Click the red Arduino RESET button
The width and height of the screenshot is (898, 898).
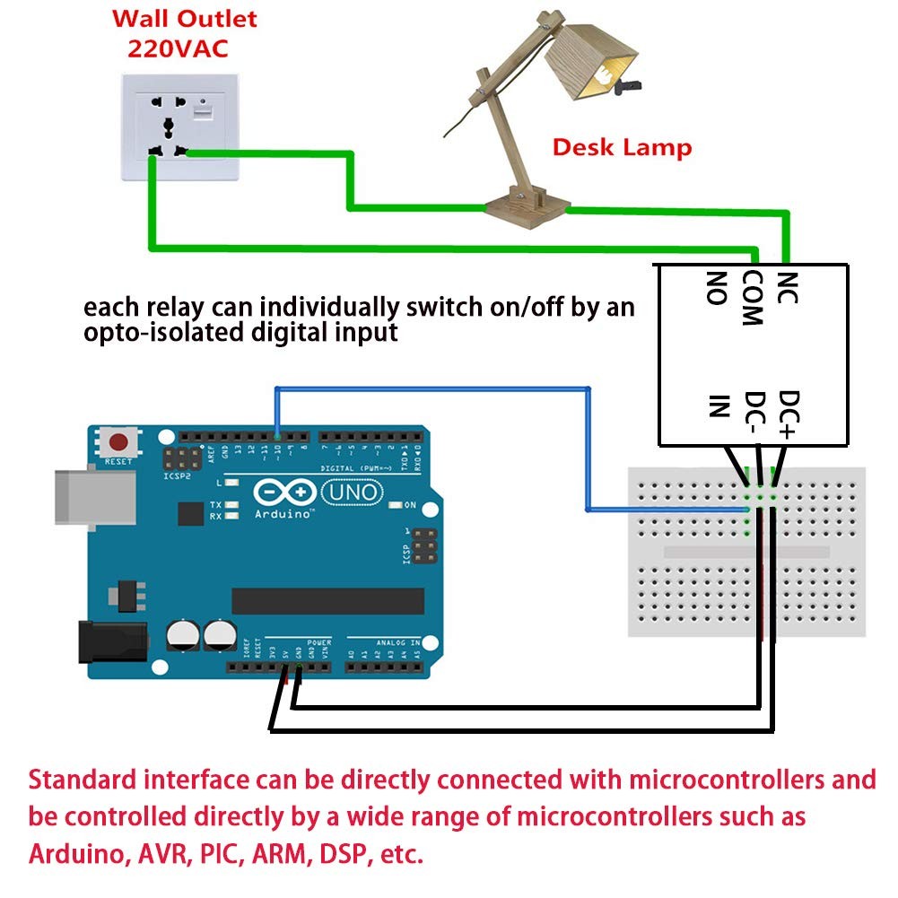(118, 442)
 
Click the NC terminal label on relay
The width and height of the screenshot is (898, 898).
(786, 288)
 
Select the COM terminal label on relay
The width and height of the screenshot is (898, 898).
(752, 298)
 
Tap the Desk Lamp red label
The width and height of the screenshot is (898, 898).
(622, 147)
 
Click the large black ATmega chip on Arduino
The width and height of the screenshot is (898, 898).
(327, 601)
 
